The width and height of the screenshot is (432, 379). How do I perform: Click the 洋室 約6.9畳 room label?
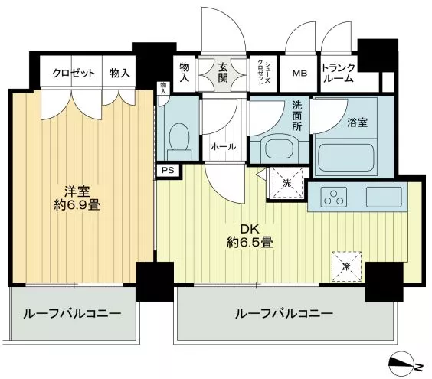77,198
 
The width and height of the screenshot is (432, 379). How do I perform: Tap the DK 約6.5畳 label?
250,236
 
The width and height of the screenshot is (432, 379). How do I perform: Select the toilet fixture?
179,141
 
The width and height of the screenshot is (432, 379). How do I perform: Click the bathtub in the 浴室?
346,158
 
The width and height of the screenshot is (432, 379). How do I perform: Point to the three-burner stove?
333,197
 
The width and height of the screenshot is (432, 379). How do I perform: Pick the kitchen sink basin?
384,197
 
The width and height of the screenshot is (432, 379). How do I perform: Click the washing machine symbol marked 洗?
287,183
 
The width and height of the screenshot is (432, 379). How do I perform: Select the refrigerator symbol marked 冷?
346,266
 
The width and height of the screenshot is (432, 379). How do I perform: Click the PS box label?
168,170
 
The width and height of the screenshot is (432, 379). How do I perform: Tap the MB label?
299,74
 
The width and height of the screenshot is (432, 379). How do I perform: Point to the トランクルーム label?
339,73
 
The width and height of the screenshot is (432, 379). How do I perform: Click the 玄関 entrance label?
223,73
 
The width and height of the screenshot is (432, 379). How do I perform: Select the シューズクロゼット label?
264,73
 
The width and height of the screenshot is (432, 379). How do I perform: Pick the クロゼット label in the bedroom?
74,73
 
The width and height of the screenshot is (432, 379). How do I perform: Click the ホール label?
224,147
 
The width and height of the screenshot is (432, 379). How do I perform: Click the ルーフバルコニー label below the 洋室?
72,314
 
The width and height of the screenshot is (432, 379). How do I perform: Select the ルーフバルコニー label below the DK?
283,314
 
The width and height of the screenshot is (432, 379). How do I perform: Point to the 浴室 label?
357,123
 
